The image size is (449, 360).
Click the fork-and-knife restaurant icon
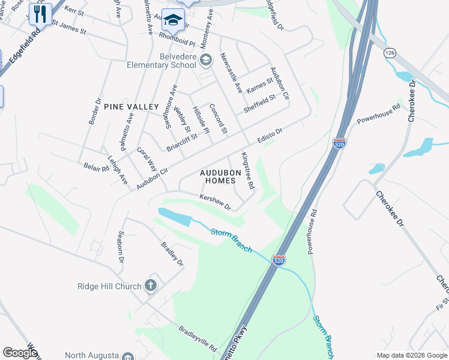coord(40,14)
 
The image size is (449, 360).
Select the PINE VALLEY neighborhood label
coord(131,106)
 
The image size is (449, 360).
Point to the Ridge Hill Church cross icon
coord(151,286)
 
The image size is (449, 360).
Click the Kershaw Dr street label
coord(215,202)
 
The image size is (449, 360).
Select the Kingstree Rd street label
coord(247,170)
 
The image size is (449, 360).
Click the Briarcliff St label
coord(182,143)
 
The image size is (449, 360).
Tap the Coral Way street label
coord(146,159)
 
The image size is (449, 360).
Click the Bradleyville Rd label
coord(197,338)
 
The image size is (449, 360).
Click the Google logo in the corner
coord(20,353)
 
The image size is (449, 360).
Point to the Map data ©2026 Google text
coord(411,355)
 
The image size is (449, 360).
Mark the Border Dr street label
coord(94,111)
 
